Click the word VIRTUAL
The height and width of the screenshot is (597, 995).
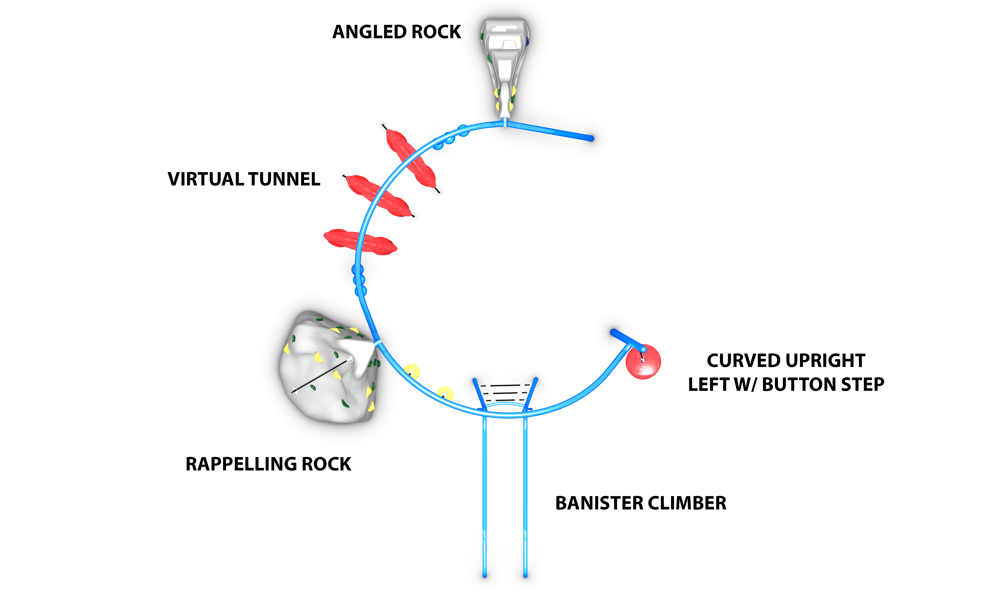coord(205,179)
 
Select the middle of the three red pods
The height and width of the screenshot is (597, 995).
coord(378,196)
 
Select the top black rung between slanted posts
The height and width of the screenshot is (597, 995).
coord(505,385)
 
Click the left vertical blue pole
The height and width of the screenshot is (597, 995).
coord(485,495)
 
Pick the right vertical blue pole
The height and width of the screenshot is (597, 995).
coord(525,495)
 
